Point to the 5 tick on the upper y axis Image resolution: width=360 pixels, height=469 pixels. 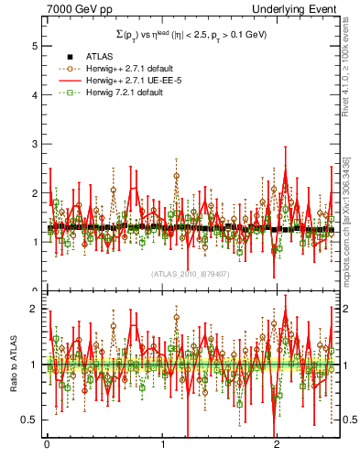tap(36, 44)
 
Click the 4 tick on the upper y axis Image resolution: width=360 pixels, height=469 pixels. tap(36, 93)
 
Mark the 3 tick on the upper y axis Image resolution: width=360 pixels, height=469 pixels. tap(36, 143)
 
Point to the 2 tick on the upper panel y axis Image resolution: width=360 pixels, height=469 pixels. tap(36, 192)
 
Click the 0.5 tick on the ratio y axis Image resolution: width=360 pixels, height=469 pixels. tap(32, 420)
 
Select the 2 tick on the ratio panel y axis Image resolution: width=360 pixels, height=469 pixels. tap(36, 309)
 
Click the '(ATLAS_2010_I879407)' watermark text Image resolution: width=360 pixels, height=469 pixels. tap(190, 274)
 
